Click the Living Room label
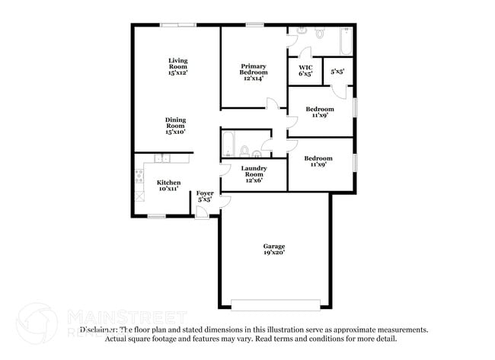click(x=178, y=65)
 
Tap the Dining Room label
click(x=176, y=124)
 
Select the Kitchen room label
click(x=169, y=184)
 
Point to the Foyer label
click(x=205, y=196)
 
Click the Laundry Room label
click(x=254, y=171)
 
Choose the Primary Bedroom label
click(x=254, y=70)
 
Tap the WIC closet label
click(x=305, y=70)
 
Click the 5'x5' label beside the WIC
click(x=337, y=72)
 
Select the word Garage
click(x=274, y=246)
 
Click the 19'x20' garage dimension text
click(x=274, y=253)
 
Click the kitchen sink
click(x=161, y=158)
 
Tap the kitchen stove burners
click(x=139, y=177)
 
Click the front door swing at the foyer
click(x=225, y=201)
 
